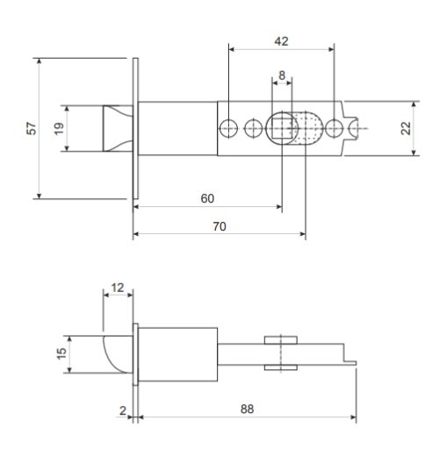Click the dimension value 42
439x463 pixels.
281,41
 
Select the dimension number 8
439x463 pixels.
282,75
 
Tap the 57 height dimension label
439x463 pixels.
32,128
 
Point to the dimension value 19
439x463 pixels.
59,128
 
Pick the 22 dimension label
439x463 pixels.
406,128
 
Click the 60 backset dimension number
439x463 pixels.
207,198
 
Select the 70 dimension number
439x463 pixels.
219,226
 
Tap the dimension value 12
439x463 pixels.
118,288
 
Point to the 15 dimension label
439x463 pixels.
61,353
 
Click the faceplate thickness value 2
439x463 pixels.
123,410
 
